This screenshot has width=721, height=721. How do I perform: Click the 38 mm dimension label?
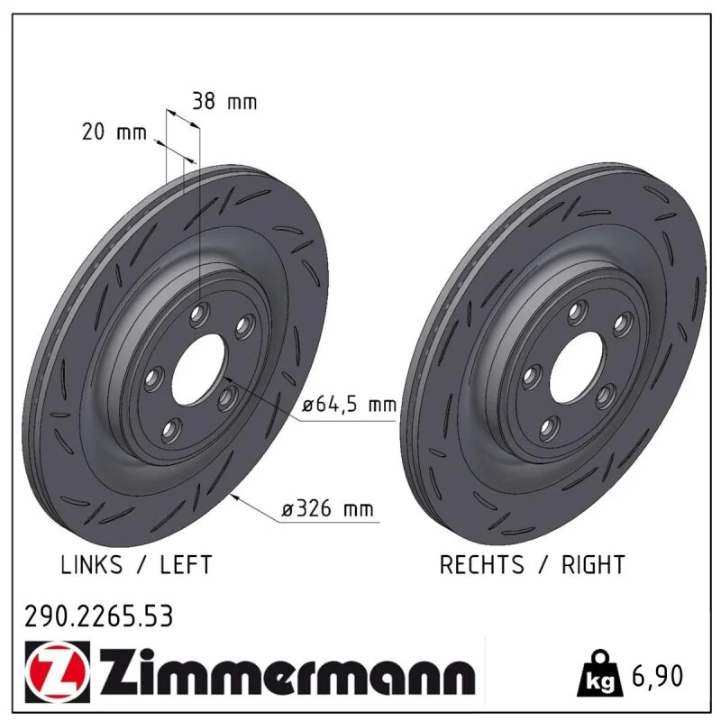(224, 101)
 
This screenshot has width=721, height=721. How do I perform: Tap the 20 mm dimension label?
(114, 132)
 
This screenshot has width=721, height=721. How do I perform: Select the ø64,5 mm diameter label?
(350, 405)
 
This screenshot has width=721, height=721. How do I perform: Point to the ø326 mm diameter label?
(327, 509)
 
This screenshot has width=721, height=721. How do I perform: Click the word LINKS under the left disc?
(92, 564)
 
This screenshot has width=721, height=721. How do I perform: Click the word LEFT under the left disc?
(186, 564)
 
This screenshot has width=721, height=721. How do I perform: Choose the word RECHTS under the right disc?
(481, 564)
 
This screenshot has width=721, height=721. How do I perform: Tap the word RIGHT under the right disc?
(593, 564)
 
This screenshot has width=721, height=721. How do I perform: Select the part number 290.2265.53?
(98, 616)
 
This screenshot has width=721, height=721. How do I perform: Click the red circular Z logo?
(57, 671)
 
